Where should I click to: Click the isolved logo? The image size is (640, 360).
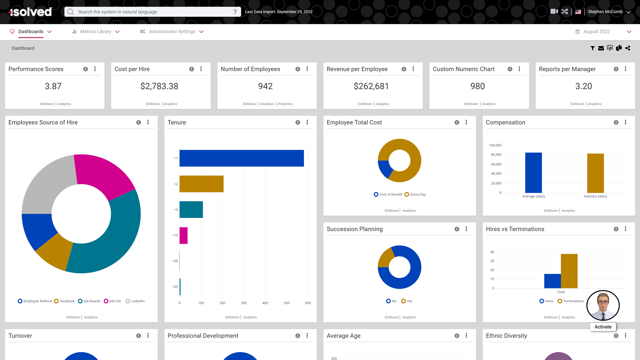coord(31,12)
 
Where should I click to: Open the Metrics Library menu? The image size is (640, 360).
coord(96,32)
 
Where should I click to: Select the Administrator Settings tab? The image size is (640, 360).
coord(172,32)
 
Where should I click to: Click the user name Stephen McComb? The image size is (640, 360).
coord(605,12)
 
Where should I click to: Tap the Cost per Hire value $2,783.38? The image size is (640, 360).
coord(159,86)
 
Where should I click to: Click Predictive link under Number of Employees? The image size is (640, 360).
coord(285,104)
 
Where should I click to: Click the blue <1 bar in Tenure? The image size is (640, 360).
coord(241,158)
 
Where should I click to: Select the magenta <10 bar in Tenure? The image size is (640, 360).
coord(184,236)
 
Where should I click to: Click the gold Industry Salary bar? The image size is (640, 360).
coord(595,173)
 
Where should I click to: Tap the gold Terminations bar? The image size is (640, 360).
coord(569,271)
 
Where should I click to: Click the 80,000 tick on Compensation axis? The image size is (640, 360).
coord(496,155)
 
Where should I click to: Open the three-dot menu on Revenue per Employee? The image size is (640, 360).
coord(413,69)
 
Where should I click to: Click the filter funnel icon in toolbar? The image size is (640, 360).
coord(592,48)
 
